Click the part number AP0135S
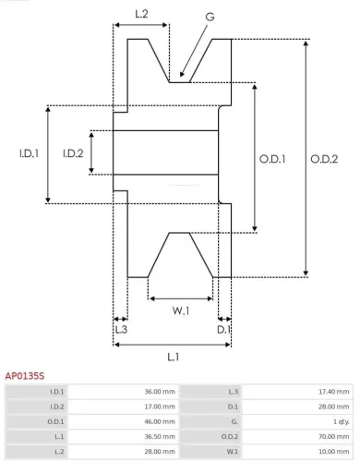[24, 377]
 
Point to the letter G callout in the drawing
[210, 16]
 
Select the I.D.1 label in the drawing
[28, 153]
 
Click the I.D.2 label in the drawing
[74, 153]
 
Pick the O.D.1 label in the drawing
[270, 159]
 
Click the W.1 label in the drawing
[181, 311]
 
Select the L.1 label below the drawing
[173, 357]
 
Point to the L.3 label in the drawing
[121, 329]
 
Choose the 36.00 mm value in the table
[148, 393]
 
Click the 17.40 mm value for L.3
[331, 393]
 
